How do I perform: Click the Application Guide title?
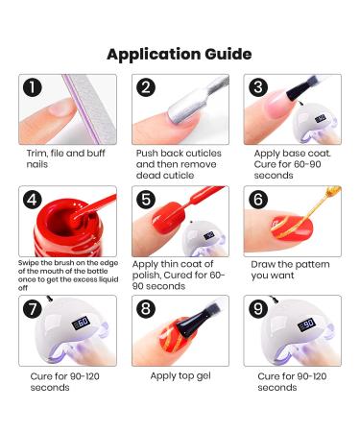(180, 53)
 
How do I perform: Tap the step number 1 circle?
(34, 88)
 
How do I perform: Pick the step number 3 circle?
(258, 88)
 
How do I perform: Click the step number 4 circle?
(34, 200)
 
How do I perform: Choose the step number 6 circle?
(258, 200)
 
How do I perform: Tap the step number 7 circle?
(34, 309)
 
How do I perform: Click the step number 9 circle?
(258, 309)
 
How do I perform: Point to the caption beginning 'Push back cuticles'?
(179, 163)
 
